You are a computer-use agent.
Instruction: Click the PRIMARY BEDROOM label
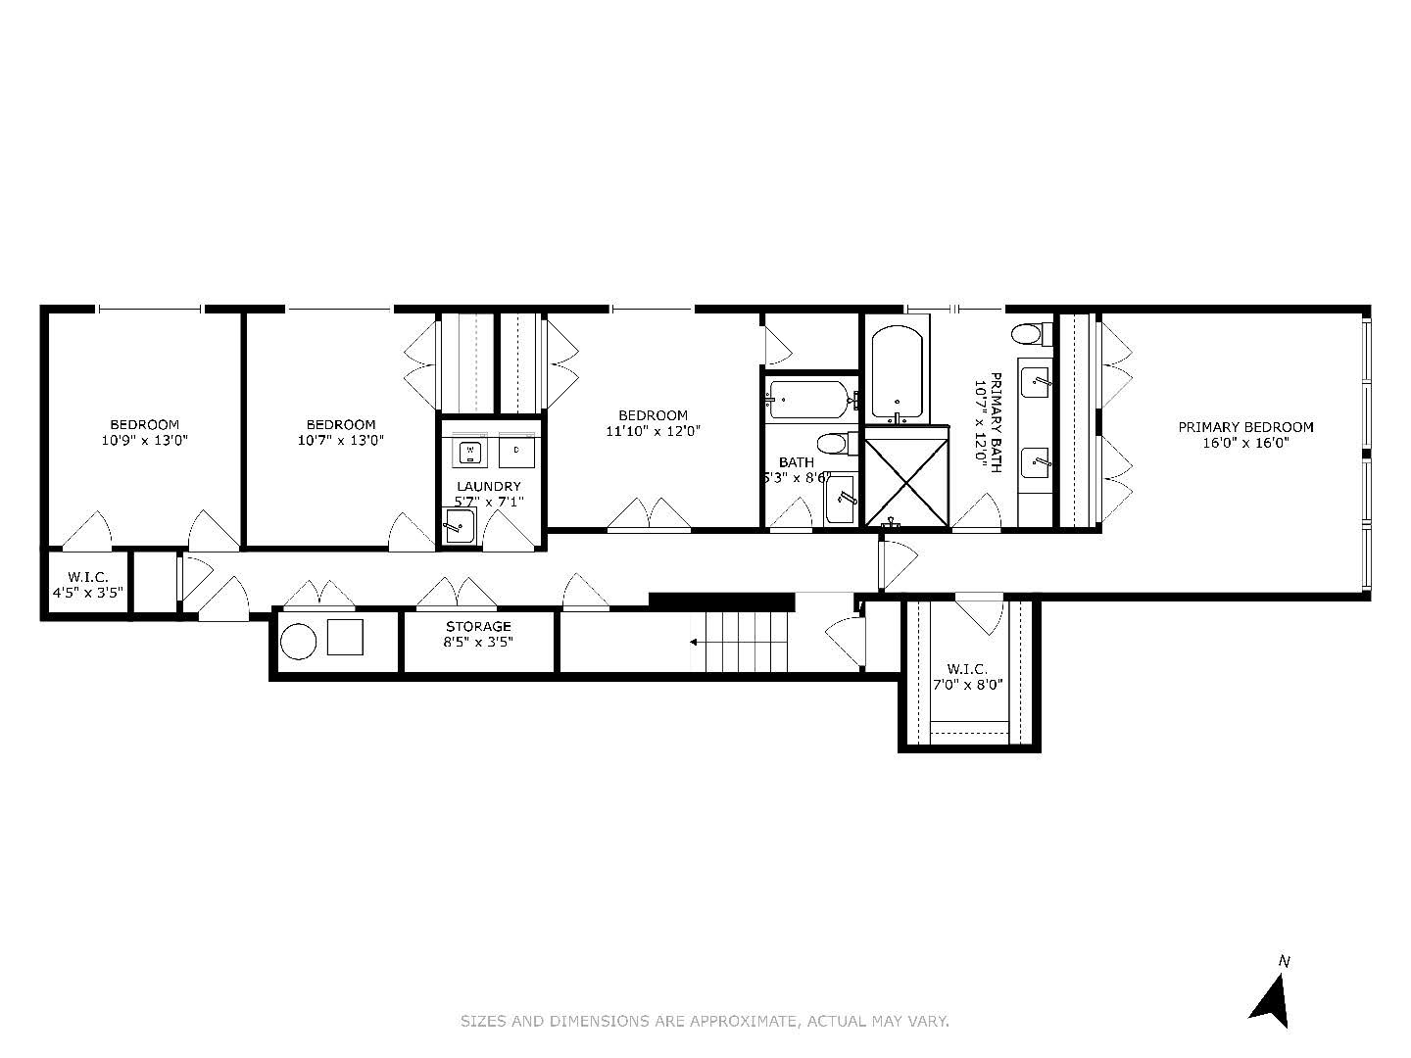point(1245,427)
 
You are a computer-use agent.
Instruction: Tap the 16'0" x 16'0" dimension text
point(1245,443)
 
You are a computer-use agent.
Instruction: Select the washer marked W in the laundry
point(470,453)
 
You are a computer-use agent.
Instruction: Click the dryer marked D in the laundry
point(515,453)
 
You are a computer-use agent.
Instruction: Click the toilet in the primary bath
point(1027,335)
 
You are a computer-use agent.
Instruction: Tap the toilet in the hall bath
point(833,444)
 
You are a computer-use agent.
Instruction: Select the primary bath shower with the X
point(906,481)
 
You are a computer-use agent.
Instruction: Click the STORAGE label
point(478,627)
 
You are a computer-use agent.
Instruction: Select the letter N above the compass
point(1284,961)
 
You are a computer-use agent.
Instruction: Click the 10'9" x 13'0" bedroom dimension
point(144,441)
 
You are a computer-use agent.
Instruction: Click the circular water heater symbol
point(298,642)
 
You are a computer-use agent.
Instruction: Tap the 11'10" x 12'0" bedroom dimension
point(653,431)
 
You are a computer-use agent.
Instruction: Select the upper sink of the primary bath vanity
point(1035,381)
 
